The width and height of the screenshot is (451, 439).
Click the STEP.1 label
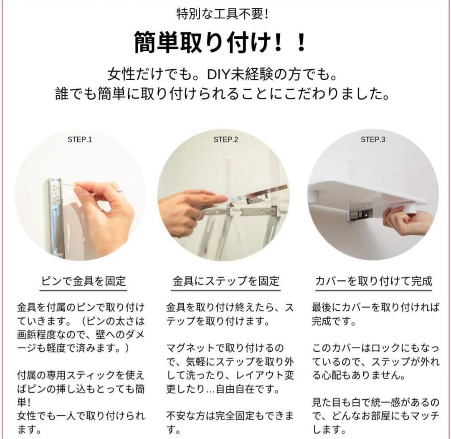click(80, 140)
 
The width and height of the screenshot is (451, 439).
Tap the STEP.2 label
click(226, 140)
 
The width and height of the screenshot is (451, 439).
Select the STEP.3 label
click(373, 140)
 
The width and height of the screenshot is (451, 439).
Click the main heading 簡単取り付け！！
click(220, 42)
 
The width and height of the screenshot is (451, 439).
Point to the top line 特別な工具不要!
click(222, 14)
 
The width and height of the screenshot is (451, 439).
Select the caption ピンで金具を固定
click(84, 281)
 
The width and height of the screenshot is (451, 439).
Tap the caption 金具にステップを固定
click(226, 281)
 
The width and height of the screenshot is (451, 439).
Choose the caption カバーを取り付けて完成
click(374, 281)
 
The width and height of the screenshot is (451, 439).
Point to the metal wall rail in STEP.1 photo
click(55, 216)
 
